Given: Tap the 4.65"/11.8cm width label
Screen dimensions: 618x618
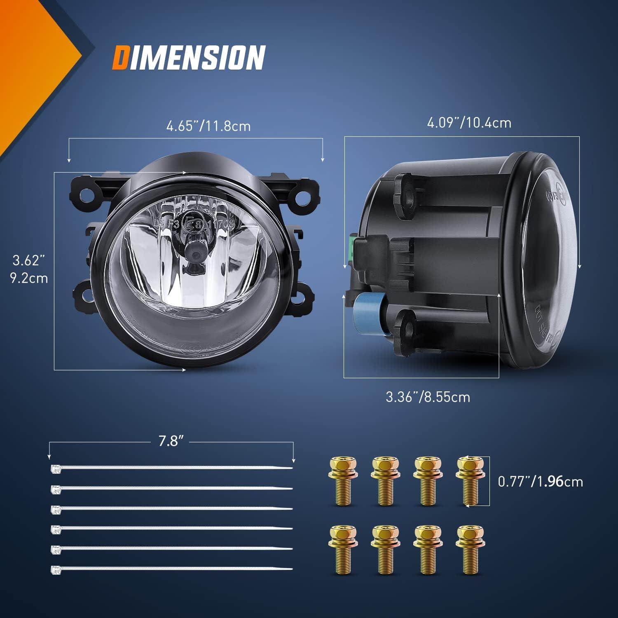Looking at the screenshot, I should [208, 126].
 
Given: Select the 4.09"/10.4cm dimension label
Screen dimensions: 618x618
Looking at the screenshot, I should [469, 123].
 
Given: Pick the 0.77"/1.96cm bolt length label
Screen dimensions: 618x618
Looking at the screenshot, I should [541, 481].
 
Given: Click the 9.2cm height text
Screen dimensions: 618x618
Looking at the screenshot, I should [29, 279].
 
